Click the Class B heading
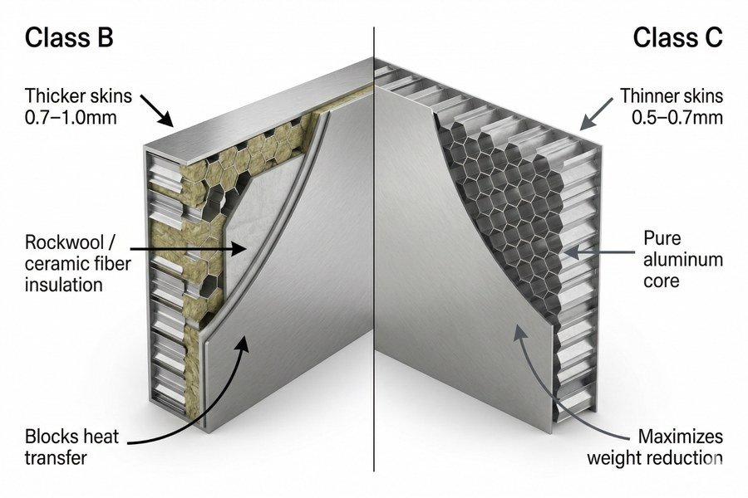click(69, 37)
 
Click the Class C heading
click(678, 37)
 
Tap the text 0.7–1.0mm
click(71, 117)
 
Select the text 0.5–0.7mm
click(677, 117)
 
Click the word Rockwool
click(64, 242)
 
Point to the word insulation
click(63, 285)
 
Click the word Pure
click(662, 238)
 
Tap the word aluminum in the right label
click(683, 260)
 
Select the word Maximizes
click(681, 437)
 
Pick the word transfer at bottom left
click(56, 458)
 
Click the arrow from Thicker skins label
click(156, 110)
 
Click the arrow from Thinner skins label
click(596, 115)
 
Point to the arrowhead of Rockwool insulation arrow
click(239, 248)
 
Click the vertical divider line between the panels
click(374, 249)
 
